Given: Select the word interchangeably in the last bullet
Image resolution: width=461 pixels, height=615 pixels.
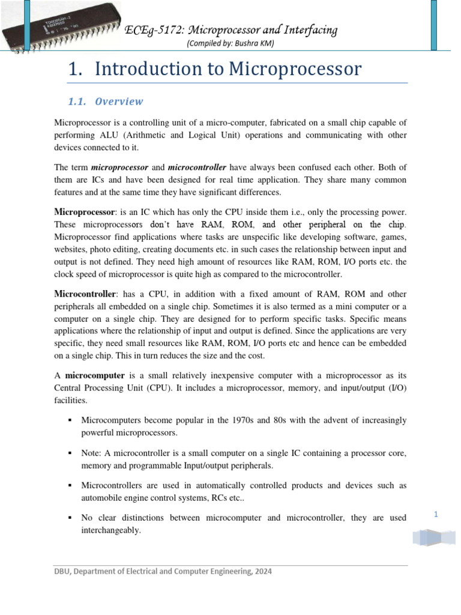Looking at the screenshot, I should click(x=110, y=530).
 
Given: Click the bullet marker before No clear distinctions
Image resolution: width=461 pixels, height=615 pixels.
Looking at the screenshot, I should click(x=70, y=517).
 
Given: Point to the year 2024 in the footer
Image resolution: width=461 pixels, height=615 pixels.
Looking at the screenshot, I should click(x=262, y=572).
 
